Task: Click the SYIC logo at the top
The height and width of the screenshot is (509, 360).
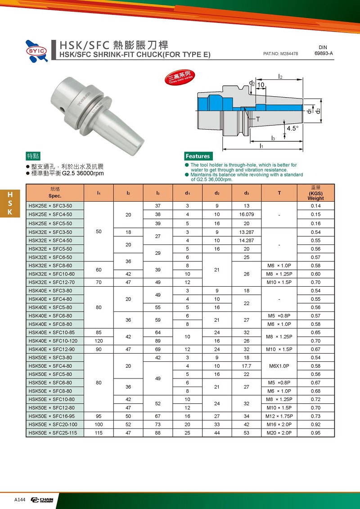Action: pos(36,51)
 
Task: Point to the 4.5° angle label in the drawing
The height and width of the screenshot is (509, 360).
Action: pos(292,128)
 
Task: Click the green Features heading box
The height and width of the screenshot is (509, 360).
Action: pos(198,156)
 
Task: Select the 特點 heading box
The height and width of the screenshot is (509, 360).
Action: pos(33,156)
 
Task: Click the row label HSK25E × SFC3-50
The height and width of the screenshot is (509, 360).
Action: pos(50,206)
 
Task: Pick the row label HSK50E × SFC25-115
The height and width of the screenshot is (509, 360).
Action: pos(53,432)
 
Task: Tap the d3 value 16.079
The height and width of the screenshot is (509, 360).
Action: pos(247,215)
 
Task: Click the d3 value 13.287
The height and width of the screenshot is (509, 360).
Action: pos(247,232)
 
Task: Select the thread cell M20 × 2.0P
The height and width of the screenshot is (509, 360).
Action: pos(279,432)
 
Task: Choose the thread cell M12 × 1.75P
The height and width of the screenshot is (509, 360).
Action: pos(279,416)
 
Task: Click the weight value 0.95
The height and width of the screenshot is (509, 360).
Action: pos(315,432)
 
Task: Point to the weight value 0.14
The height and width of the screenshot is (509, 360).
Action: pos(315,206)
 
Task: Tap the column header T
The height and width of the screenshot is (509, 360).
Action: pos(279,193)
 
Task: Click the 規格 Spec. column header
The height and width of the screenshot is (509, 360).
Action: pos(55,193)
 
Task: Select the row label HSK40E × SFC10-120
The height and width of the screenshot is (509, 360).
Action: pos(53,341)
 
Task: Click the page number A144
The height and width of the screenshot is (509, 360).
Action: pos(20,500)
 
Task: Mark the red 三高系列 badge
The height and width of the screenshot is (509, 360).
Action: pos(180,77)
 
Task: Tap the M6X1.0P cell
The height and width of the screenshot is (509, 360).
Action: pos(279,365)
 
